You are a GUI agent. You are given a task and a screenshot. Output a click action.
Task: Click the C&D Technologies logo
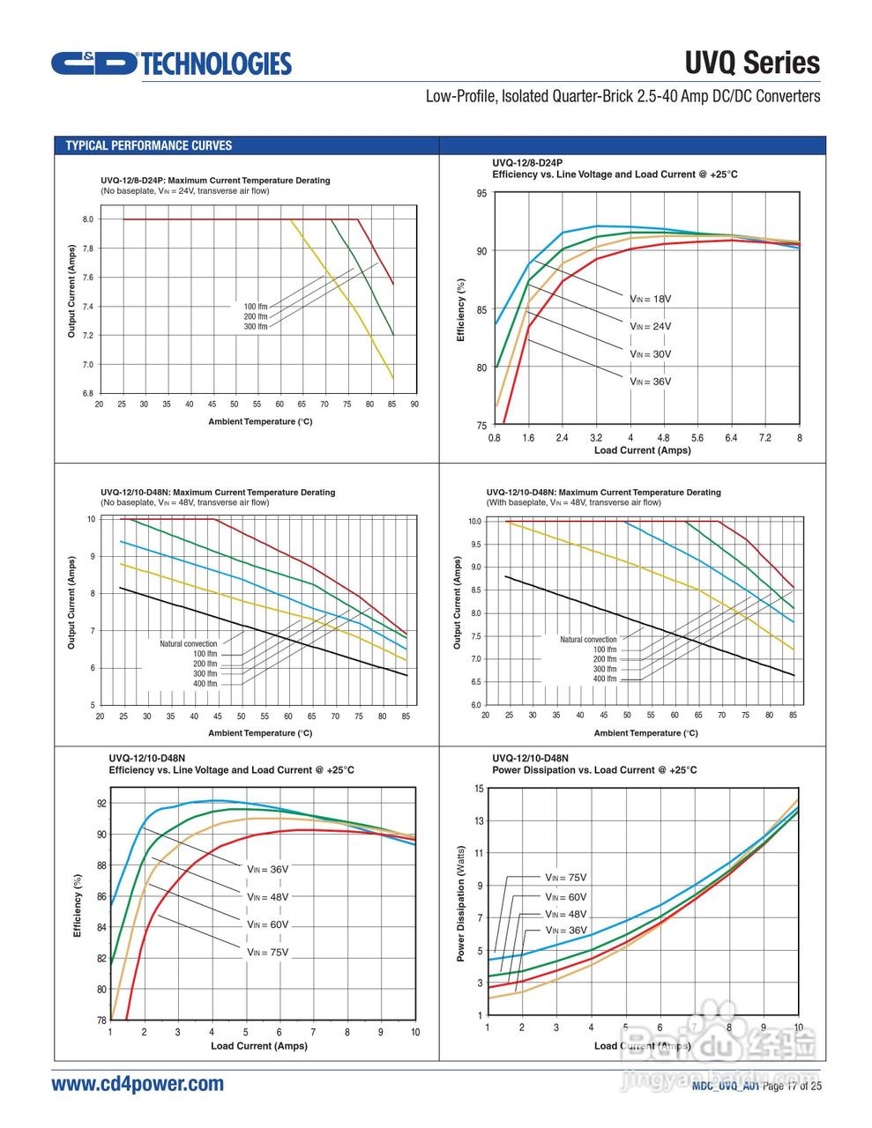pyautogui.click(x=170, y=63)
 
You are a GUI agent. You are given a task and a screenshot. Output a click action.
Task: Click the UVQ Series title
pyautogui.click(x=752, y=63)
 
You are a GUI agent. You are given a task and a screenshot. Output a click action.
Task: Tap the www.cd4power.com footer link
pyautogui.click(x=138, y=1084)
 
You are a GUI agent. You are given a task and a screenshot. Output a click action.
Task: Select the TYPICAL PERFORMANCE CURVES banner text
pyautogui.click(x=149, y=145)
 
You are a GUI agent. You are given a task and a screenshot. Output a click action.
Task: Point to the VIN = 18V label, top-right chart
pyautogui.click(x=651, y=300)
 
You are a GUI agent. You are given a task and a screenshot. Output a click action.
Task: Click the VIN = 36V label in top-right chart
pyautogui.click(x=651, y=382)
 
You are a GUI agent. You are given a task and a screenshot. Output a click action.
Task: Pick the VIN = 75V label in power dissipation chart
pyautogui.click(x=565, y=878)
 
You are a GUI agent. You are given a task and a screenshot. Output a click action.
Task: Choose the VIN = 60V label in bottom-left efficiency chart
pyautogui.click(x=268, y=924)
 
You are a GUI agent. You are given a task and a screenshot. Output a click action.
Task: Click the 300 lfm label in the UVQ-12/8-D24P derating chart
pyautogui.click(x=256, y=327)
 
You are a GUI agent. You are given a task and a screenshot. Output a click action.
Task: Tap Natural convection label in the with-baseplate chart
pyautogui.click(x=588, y=640)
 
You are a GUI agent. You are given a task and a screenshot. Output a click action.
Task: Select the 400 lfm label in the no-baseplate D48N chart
pyautogui.click(x=205, y=684)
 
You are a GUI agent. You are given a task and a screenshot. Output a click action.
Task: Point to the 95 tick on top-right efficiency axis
pyautogui.click(x=481, y=194)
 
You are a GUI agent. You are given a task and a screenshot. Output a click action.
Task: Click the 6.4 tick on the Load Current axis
pyautogui.click(x=731, y=438)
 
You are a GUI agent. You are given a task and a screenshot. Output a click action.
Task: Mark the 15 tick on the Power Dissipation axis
pyautogui.click(x=480, y=789)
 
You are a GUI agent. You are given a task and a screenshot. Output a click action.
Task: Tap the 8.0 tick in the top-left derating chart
pyautogui.click(x=88, y=219)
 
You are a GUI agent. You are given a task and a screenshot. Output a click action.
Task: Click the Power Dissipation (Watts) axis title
pyautogui.click(x=460, y=903)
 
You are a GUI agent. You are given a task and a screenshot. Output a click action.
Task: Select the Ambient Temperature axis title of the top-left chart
pyautogui.click(x=260, y=422)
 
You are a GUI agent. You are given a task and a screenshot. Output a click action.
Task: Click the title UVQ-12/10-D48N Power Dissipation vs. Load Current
pyautogui.click(x=594, y=764)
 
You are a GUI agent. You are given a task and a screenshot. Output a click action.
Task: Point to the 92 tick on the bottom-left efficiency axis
pyautogui.click(x=101, y=804)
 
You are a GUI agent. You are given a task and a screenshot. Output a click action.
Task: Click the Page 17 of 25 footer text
pyautogui.click(x=792, y=1086)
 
